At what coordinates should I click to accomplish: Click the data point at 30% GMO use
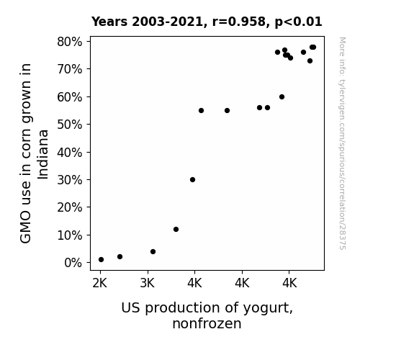(x=192, y=179)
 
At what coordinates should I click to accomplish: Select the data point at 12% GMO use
(x=176, y=229)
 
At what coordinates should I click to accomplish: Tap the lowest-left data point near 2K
(x=101, y=260)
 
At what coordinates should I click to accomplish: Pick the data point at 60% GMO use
(x=282, y=97)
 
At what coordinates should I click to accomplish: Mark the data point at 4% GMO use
(x=153, y=252)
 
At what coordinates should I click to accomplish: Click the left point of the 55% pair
(x=201, y=110)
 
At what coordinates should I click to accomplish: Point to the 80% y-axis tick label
(x=69, y=42)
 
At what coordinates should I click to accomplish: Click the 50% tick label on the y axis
(x=69, y=125)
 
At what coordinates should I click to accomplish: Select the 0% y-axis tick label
(x=73, y=263)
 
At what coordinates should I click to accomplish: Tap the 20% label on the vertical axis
(x=69, y=207)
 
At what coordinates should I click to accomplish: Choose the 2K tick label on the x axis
(x=100, y=284)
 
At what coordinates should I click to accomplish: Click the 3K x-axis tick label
(x=147, y=284)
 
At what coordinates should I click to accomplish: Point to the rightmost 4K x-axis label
(x=289, y=284)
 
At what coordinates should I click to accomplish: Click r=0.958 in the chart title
(x=239, y=22)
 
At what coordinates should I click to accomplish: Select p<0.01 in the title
(x=298, y=22)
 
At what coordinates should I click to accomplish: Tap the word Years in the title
(x=109, y=22)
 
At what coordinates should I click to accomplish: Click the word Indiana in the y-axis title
(x=42, y=155)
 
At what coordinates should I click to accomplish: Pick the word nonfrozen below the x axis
(x=207, y=323)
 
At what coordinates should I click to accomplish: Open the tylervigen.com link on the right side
(x=342, y=143)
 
